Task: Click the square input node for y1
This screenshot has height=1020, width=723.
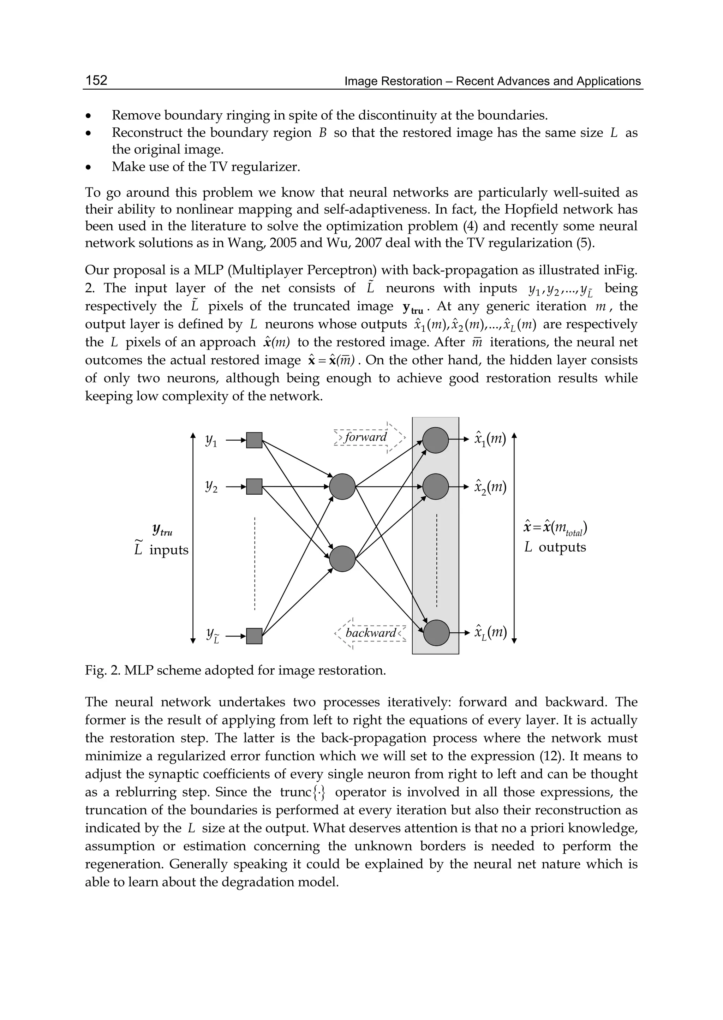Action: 254,440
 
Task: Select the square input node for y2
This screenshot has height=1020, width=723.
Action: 254,487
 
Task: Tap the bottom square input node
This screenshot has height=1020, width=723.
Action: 254,636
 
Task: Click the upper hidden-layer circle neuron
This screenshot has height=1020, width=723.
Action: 342,487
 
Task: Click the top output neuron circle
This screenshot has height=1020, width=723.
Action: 435,440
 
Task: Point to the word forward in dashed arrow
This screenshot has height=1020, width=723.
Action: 366,437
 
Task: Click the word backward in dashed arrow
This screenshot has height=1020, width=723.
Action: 371,633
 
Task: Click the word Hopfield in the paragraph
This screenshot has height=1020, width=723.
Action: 536,209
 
